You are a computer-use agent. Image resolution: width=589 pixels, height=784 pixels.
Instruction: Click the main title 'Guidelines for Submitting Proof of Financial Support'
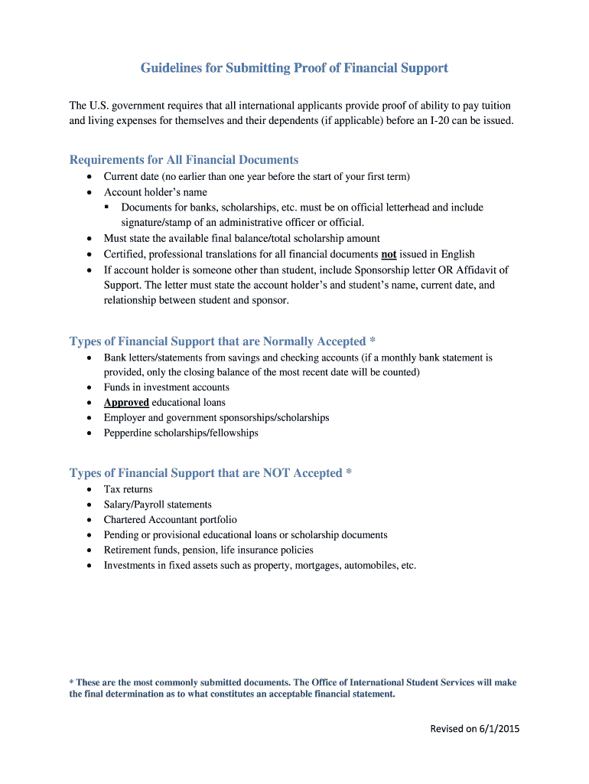point(294,69)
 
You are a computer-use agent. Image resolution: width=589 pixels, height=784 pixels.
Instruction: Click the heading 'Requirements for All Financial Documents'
point(184,160)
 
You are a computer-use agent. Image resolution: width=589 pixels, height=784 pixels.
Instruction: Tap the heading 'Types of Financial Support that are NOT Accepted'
point(210,473)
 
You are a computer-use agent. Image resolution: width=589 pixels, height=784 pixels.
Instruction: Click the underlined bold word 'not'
point(388,254)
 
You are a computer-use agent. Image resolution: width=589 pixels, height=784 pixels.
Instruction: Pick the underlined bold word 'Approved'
point(126,403)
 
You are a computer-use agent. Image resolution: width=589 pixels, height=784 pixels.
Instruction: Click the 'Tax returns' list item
point(128,489)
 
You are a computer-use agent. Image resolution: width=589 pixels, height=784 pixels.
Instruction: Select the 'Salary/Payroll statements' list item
point(158,505)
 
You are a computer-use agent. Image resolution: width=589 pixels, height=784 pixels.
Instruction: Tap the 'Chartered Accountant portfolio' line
point(170,520)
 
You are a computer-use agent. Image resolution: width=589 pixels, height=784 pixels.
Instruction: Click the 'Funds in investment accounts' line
point(166,387)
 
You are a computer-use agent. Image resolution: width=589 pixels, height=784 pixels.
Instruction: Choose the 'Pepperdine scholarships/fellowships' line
point(181,433)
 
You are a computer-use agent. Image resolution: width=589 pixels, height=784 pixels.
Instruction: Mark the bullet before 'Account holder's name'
point(89,193)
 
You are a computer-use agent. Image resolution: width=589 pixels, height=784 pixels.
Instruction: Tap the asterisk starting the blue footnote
point(72,682)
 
